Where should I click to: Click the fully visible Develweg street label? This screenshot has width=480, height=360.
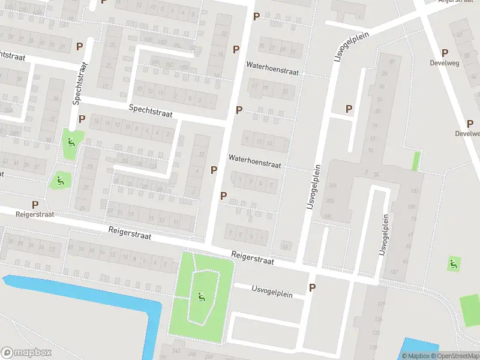pyautogui.click(x=445, y=62)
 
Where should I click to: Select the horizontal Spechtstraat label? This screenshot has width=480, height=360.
pyautogui.click(x=151, y=110)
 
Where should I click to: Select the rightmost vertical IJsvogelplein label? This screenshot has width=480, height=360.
pyautogui.click(x=381, y=233)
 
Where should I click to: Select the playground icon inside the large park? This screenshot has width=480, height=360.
pyautogui.click(x=200, y=296)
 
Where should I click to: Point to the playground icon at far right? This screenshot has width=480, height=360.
pyautogui.click(x=453, y=263)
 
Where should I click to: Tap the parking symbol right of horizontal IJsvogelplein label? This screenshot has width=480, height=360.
pyautogui.click(x=312, y=288)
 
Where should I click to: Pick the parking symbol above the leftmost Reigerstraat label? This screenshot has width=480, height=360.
pyautogui.click(x=35, y=205)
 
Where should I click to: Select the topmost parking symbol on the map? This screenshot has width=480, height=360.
pyautogui.click(x=257, y=16)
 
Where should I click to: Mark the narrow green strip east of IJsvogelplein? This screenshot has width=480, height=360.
pyautogui.click(x=416, y=161)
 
